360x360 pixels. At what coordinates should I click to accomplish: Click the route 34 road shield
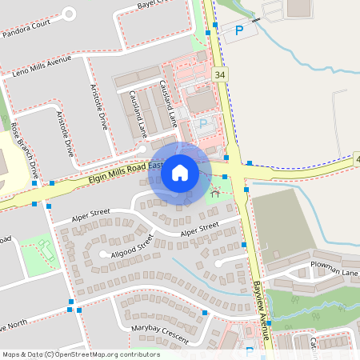coord(219,74)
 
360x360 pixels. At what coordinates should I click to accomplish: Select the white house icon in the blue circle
coord(180,173)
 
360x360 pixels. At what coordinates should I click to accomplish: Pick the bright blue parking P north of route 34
coord(239,31)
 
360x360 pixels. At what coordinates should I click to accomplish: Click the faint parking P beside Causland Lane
coord(202,125)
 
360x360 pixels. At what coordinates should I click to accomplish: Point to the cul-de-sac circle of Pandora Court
coord(68,14)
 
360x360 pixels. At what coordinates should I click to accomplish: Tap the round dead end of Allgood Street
coord(104,254)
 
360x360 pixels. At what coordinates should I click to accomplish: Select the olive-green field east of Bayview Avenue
coord(283,220)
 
